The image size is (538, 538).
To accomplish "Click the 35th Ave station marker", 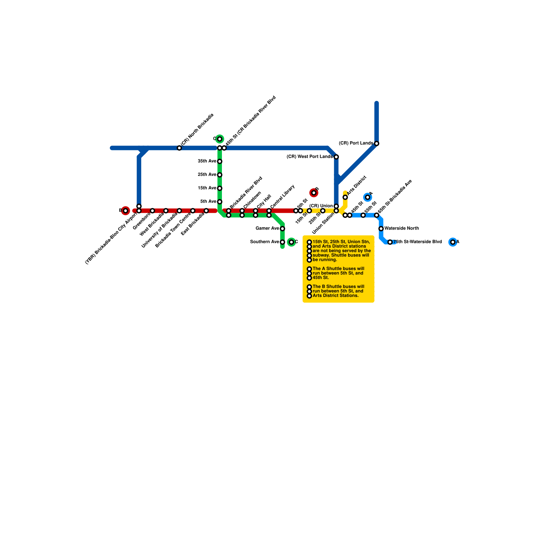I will point(220,161).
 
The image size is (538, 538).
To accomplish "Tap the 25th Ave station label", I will point(207,175).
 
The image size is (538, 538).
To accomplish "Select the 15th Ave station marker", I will point(220,188).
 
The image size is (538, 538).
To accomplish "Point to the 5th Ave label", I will point(208,202).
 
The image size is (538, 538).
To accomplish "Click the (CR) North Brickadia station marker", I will point(179,148).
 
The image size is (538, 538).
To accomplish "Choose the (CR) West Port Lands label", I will point(309,157).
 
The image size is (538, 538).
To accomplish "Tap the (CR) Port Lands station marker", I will point(377,144).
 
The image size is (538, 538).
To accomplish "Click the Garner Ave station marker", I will point(282,229).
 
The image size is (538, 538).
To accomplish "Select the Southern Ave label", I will point(265,242).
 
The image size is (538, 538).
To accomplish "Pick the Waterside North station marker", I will point(381,229).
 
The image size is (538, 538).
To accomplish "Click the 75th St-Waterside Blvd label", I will point(418,242).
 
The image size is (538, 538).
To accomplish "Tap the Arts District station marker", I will point(345,197).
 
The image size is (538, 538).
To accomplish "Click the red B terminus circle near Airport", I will point(125,211).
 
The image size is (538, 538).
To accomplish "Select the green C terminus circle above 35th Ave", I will point(220,139).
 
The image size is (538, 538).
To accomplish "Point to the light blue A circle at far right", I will point(453,242).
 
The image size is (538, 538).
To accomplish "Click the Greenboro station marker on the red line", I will point(152,211).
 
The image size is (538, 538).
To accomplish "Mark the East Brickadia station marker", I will point(206,211).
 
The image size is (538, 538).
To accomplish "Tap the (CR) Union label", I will point(321,206).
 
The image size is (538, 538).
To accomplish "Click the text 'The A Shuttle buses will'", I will point(338,269).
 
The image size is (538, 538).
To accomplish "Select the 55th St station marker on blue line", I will point(363,215).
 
